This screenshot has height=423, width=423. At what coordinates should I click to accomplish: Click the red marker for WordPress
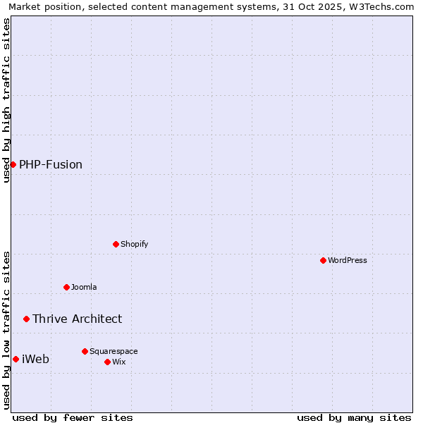tap(323, 260)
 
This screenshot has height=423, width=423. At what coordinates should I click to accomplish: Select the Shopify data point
tap(116, 244)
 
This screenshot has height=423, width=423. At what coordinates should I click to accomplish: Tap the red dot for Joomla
tap(66, 287)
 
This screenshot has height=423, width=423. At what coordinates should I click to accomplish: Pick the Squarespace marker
tap(85, 351)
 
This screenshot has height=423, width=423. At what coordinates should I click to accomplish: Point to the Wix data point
tap(107, 362)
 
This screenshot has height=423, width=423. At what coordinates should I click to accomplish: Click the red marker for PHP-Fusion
tap(13, 164)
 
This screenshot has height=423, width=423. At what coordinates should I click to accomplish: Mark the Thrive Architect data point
tap(26, 319)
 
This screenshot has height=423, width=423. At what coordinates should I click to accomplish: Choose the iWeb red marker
tap(16, 359)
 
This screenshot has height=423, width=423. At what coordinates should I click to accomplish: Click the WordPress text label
tap(348, 260)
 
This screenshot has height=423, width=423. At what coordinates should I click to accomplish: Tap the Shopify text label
tap(134, 244)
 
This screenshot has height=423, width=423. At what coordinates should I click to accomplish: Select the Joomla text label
tap(84, 287)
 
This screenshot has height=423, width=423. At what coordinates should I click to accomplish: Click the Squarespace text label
tap(114, 351)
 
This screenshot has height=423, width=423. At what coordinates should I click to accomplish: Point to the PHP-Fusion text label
tap(51, 164)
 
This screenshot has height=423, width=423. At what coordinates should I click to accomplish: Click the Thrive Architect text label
tap(77, 319)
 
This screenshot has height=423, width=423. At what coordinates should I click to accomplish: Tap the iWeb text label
tap(36, 359)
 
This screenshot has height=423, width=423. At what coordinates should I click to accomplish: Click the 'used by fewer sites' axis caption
tap(73, 417)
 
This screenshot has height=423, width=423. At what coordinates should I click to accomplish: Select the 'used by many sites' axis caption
tap(354, 417)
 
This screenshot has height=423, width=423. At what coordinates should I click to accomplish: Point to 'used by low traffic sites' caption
tap(6, 329)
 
